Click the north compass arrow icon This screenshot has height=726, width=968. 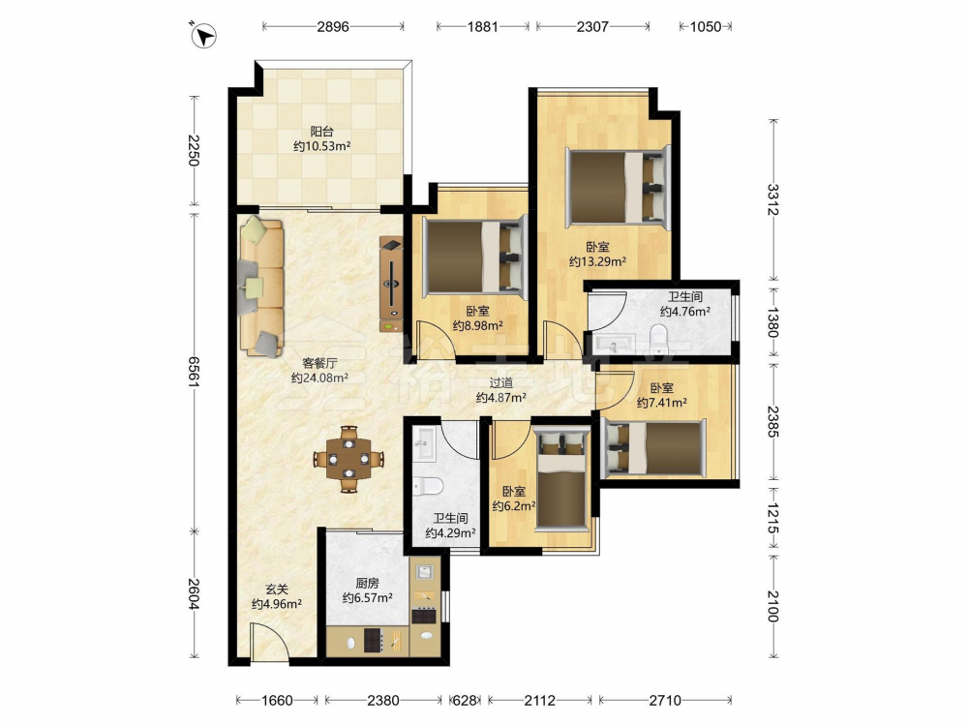coord(203,35)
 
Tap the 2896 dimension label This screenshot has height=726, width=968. coord(333,26)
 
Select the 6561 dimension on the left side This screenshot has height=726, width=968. coord(194,372)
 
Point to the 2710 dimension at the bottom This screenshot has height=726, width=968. coord(665,700)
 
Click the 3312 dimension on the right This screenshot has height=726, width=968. coord(772,199)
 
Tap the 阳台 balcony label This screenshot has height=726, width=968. coord(321,132)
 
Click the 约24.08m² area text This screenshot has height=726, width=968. coord(319,378)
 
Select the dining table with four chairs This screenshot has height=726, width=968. coord(348,459)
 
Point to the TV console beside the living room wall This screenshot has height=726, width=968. coord(391,285)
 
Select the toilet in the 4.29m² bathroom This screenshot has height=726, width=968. coord(428,487)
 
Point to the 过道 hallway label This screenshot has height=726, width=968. coord(500,383)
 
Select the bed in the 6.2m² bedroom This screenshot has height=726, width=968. coord(561,479)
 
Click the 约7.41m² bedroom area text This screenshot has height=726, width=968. coord(662,403)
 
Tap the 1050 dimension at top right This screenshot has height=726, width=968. coord(706,26)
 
